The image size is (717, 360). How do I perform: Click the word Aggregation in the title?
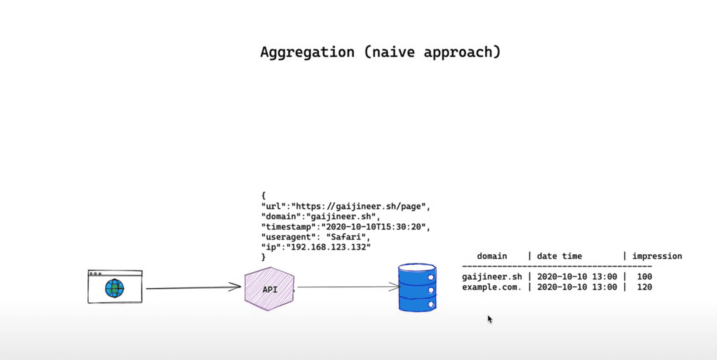[x=307, y=52]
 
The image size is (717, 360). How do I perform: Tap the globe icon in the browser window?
[x=115, y=289]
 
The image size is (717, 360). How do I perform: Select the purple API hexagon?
[x=269, y=289]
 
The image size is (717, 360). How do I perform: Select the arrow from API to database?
[x=348, y=287]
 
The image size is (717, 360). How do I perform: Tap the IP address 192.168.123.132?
[x=328, y=247]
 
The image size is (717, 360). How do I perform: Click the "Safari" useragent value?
[x=346, y=237]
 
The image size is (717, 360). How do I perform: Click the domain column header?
[x=492, y=256]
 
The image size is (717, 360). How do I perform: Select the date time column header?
[x=559, y=256]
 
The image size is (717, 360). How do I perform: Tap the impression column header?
[x=657, y=256]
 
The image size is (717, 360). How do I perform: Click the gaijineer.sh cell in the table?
[x=492, y=277]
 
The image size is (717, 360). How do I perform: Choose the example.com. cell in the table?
[x=492, y=287]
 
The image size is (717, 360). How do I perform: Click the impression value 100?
[x=644, y=277]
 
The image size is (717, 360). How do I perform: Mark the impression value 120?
[x=644, y=287]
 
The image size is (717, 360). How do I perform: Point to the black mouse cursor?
[x=490, y=319]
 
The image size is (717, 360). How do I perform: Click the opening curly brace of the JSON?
[x=264, y=195]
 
